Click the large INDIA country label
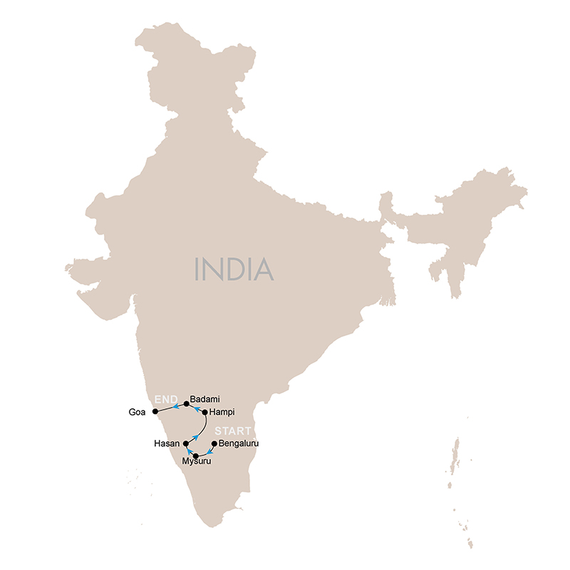(x=234, y=269)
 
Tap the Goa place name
(x=138, y=412)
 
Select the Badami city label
(x=205, y=401)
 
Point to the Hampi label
(x=222, y=413)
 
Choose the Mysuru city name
(x=197, y=462)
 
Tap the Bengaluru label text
(x=239, y=443)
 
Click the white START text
(x=233, y=431)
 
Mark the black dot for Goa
(x=155, y=411)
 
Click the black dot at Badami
(x=186, y=404)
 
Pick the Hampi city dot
(x=205, y=412)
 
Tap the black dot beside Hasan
(x=186, y=443)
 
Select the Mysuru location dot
(x=196, y=455)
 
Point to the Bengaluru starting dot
(x=214, y=443)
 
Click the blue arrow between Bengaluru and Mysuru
(x=209, y=451)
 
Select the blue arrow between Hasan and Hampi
(x=195, y=436)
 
